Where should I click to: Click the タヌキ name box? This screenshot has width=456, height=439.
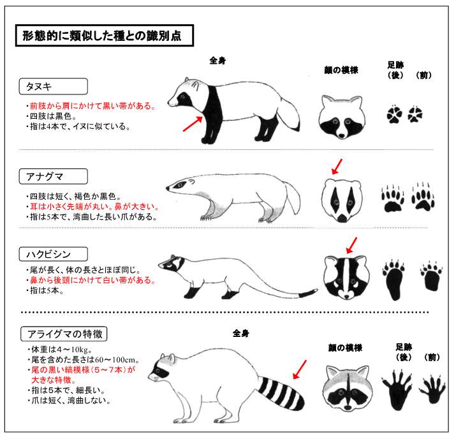[x=53, y=86]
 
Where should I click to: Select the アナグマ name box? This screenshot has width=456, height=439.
[x=53, y=176]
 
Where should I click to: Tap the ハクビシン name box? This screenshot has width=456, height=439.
[x=53, y=254]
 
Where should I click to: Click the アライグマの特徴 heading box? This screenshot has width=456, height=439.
[x=64, y=334]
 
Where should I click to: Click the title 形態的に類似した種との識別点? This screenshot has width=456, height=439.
[x=105, y=36]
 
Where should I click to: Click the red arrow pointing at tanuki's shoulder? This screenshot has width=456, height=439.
[x=193, y=124]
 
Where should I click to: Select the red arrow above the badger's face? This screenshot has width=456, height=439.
[x=337, y=167]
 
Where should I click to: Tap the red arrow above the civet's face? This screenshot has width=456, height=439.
[x=351, y=245]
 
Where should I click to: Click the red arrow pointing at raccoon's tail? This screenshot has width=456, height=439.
[x=300, y=369]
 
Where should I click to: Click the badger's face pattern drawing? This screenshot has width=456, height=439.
[x=342, y=200]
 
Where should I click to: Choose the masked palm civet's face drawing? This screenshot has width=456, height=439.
[x=347, y=278]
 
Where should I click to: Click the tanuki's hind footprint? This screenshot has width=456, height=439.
[x=394, y=114]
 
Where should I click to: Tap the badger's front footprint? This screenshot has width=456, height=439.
[x=423, y=197]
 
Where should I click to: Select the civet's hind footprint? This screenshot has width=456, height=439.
[x=393, y=280]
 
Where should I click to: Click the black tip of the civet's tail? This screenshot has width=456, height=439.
[x=308, y=294]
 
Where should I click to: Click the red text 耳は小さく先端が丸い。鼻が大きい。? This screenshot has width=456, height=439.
[x=95, y=207]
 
